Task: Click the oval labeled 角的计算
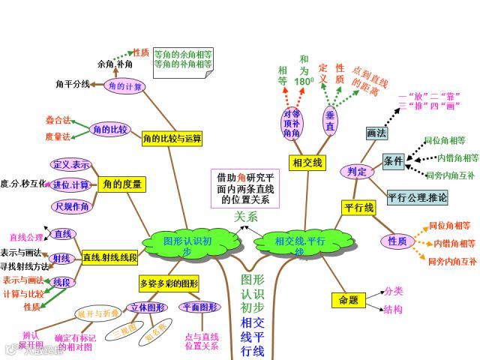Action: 124,87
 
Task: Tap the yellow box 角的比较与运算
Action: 172,139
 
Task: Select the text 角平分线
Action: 73,84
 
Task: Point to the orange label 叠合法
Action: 58,120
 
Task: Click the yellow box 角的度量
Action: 123,184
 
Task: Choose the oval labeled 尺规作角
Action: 72,206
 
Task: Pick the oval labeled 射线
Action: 62,258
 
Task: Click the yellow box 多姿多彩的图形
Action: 169,283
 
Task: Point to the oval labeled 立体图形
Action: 146,307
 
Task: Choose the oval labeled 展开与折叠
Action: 97,313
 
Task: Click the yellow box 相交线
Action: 307,163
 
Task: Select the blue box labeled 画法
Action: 376,133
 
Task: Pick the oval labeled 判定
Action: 357,172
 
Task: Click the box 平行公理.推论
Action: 418,198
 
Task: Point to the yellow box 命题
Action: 349,300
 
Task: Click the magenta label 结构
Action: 393,309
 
